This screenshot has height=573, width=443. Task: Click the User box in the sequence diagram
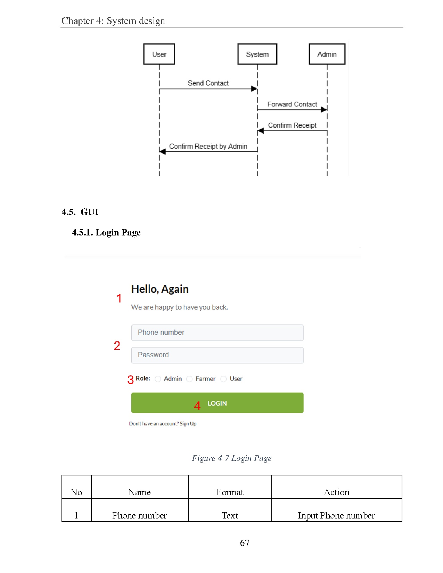[x=159, y=54]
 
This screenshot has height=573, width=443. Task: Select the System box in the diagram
[x=257, y=54]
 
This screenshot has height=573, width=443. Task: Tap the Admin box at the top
[x=327, y=54]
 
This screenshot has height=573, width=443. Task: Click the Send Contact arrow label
[x=208, y=83]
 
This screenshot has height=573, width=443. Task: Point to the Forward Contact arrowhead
[x=324, y=110]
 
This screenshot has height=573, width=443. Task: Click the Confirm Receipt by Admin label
[x=208, y=147]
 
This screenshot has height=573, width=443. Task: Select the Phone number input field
[x=217, y=333]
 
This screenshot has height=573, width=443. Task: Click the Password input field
[x=217, y=355]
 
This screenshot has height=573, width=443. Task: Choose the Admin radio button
[x=158, y=379]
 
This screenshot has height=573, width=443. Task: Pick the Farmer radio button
[x=189, y=379]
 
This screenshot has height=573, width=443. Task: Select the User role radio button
[x=223, y=379]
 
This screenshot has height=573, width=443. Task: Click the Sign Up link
[x=188, y=424]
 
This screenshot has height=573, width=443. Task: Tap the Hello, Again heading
[x=160, y=289]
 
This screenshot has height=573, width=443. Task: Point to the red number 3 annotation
[x=131, y=380]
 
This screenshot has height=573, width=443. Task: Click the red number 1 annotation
[x=119, y=298]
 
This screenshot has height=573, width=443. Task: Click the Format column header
[x=230, y=492]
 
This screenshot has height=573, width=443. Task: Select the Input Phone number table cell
[x=336, y=515]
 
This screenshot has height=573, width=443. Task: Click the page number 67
[x=245, y=543]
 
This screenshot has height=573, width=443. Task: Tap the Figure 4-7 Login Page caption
[x=232, y=458]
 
